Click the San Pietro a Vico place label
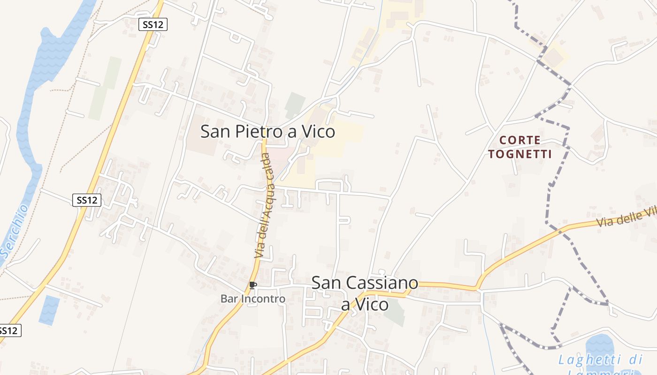click(x=267, y=131)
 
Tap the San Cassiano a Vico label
click(x=365, y=293)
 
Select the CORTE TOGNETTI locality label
click(x=520, y=147)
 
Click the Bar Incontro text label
click(x=253, y=299)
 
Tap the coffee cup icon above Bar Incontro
click(x=252, y=285)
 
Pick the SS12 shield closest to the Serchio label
click(x=87, y=200)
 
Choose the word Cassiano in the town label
click(x=383, y=283)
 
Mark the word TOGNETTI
click(x=520, y=154)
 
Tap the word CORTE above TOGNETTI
click(x=520, y=140)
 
